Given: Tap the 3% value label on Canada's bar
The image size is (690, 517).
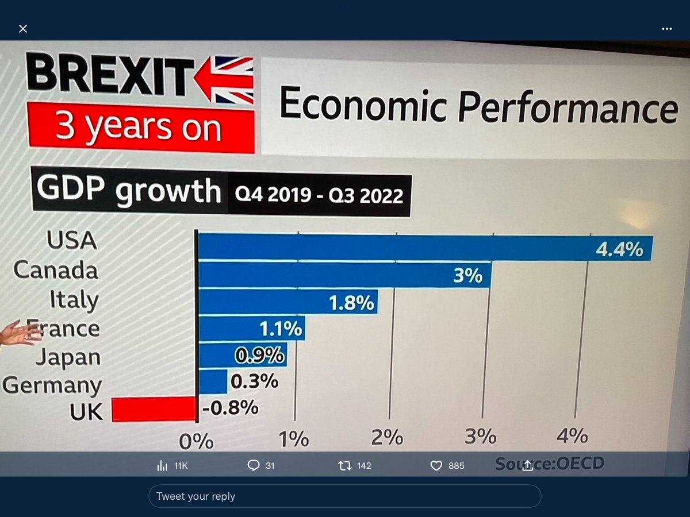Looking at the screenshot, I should [x=467, y=276].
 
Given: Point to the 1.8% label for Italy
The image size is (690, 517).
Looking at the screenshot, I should [x=352, y=303].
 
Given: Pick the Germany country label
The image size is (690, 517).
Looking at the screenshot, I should [x=52, y=385].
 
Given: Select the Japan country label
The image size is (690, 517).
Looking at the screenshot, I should [x=68, y=357].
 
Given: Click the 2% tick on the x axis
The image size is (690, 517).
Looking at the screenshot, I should [x=387, y=438].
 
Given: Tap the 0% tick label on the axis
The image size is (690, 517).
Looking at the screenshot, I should [x=196, y=441].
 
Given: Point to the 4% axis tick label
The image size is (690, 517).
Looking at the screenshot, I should [x=572, y=435].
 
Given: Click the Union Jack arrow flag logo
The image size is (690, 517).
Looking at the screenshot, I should [x=225, y=79].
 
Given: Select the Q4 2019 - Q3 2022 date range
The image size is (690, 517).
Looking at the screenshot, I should [x=319, y=196].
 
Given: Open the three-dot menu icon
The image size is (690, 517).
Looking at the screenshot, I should [x=666, y=29].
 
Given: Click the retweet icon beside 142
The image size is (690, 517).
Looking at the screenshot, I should [x=345, y=465].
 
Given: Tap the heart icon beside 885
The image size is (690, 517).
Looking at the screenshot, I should [x=436, y=465].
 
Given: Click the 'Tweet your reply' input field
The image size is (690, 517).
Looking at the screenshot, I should [x=344, y=496].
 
